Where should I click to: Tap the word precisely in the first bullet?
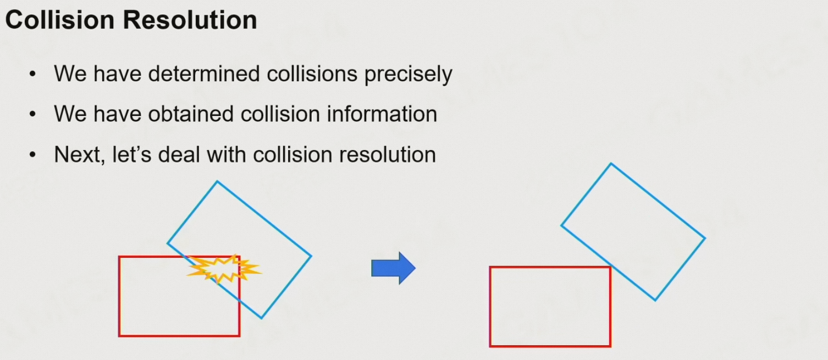click(409, 74)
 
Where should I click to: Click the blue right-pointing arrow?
click(393, 268)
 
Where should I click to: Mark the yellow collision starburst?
click(224, 269)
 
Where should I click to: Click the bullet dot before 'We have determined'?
click(34, 74)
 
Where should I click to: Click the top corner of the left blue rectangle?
click(217, 181)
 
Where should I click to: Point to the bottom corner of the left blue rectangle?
click(261, 318)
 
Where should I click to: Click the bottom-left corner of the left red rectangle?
click(119, 335)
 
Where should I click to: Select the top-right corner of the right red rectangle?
click(610, 267)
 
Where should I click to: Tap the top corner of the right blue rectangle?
click(611, 163)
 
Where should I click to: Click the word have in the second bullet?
click(112, 114)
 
